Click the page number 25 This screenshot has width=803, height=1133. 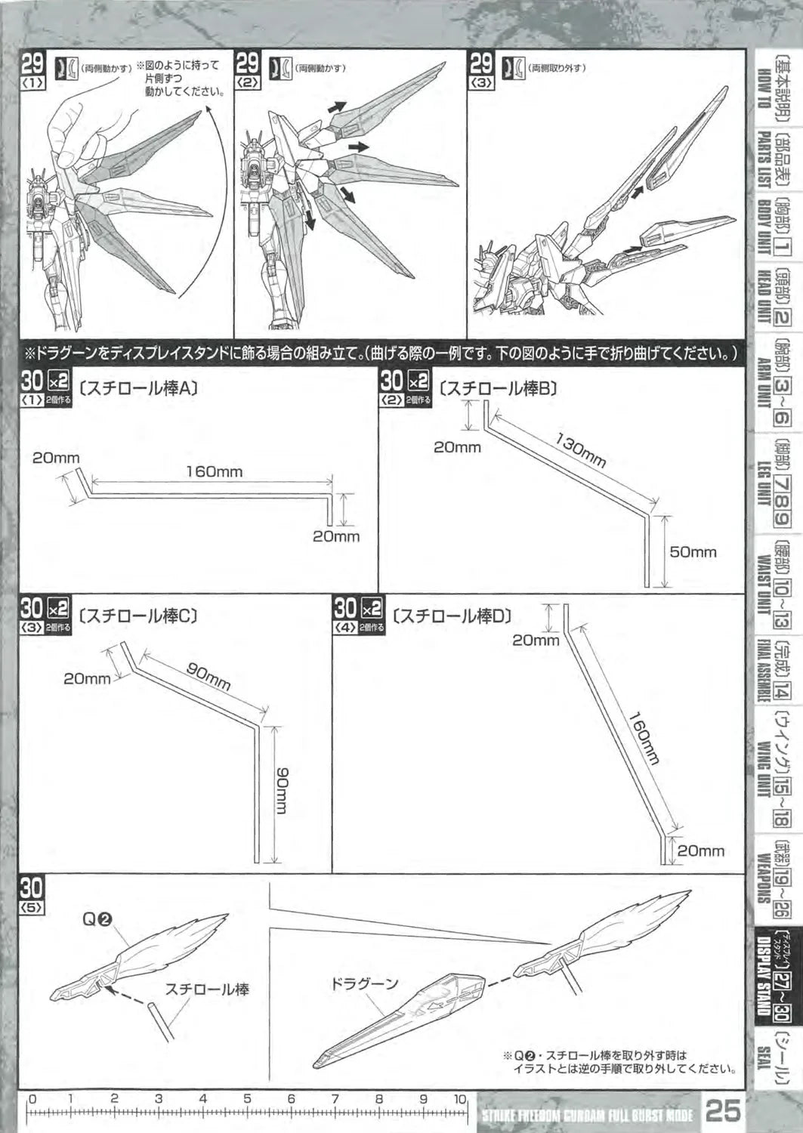tap(723, 1111)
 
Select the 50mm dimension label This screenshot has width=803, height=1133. tap(693, 552)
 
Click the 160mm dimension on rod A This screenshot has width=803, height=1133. tap(215, 472)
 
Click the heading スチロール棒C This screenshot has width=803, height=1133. tap(138, 616)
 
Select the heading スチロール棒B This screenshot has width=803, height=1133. tap(498, 389)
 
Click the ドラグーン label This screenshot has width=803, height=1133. tap(363, 984)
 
